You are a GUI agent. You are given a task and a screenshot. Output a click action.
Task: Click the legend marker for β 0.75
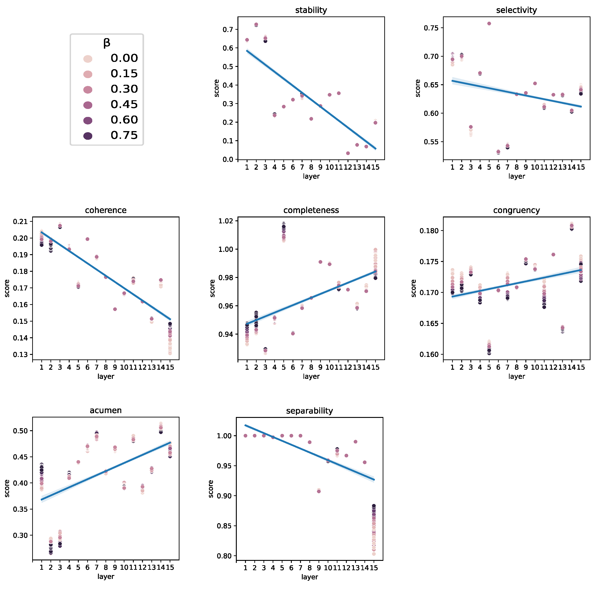click(x=88, y=136)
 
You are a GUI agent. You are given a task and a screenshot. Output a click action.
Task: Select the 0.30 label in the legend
click(x=124, y=89)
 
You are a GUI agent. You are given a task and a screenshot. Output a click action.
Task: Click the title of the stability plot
click(x=311, y=10)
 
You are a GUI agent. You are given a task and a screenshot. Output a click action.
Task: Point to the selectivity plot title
click(x=516, y=10)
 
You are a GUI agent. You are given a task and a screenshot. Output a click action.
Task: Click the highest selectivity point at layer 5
click(x=489, y=24)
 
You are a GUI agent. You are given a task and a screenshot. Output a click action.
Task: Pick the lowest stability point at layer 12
click(x=348, y=153)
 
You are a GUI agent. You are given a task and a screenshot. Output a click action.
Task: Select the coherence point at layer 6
click(x=87, y=239)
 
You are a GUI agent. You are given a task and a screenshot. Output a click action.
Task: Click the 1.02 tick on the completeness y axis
click(x=226, y=221)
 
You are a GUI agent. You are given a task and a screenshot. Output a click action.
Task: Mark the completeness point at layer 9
click(x=320, y=262)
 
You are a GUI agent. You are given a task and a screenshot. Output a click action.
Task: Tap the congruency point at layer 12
click(x=553, y=254)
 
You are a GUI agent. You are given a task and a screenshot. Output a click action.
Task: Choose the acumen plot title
click(x=105, y=411)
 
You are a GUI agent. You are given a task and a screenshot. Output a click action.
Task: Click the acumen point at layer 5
click(x=78, y=462)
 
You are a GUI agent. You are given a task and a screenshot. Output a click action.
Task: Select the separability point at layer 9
click(x=319, y=491)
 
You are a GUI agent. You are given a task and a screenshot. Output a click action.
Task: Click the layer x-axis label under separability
click(x=310, y=577)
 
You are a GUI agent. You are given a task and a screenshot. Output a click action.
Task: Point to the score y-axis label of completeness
click(x=212, y=288)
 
